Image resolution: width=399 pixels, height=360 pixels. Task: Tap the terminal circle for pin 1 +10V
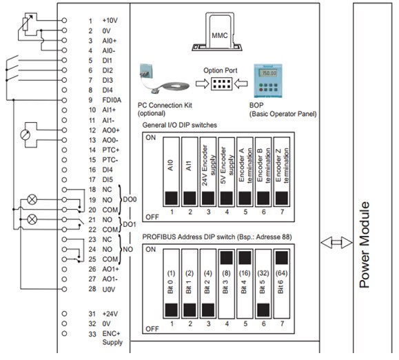point(64,20)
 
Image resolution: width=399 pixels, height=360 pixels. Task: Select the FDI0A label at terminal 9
point(112,100)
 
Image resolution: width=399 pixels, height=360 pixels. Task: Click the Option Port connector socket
point(221,84)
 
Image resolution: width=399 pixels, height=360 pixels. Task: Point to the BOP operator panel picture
point(268,81)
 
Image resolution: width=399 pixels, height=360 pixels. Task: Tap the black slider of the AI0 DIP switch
point(172,198)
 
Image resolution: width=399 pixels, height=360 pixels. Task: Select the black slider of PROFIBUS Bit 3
point(227,258)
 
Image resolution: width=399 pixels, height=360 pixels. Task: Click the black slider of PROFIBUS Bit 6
point(282,258)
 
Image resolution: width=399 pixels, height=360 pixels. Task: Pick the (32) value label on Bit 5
point(263,273)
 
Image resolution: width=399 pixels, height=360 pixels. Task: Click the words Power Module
point(365,245)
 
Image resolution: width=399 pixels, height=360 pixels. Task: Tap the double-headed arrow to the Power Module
point(336,242)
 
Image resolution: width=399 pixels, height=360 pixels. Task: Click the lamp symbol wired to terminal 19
point(32,199)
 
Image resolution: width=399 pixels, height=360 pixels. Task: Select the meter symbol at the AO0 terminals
point(25,135)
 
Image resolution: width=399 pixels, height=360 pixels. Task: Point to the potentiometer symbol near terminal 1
point(25,24)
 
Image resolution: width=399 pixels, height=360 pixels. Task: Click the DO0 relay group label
point(130,199)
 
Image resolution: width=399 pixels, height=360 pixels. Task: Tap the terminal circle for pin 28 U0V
point(64,289)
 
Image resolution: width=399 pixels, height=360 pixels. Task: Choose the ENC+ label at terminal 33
point(111,334)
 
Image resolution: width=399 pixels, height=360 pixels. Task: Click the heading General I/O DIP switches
point(180,125)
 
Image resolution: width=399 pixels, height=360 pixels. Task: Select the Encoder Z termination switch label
point(283,166)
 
